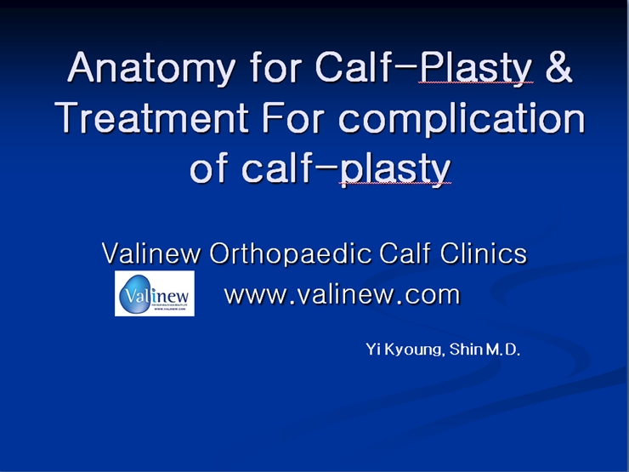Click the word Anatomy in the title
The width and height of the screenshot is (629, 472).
pyautogui.click(x=151, y=69)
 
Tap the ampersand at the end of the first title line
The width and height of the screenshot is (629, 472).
pyautogui.click(x=558, y=66)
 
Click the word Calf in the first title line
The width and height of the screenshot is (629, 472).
pyautogui.click(x=352, y=66)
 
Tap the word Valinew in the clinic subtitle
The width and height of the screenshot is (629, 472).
pyautogui.click(x=150, y=253)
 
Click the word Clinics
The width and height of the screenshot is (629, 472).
pyautogui.click(x=483, y=253)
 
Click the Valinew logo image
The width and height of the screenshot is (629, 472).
pyautogui.click(x=155, y=293)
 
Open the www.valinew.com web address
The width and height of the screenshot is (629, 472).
pyautogui.click(x=342, y=294)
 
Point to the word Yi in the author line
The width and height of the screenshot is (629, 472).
pyautogui.click(x=373, y=350)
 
